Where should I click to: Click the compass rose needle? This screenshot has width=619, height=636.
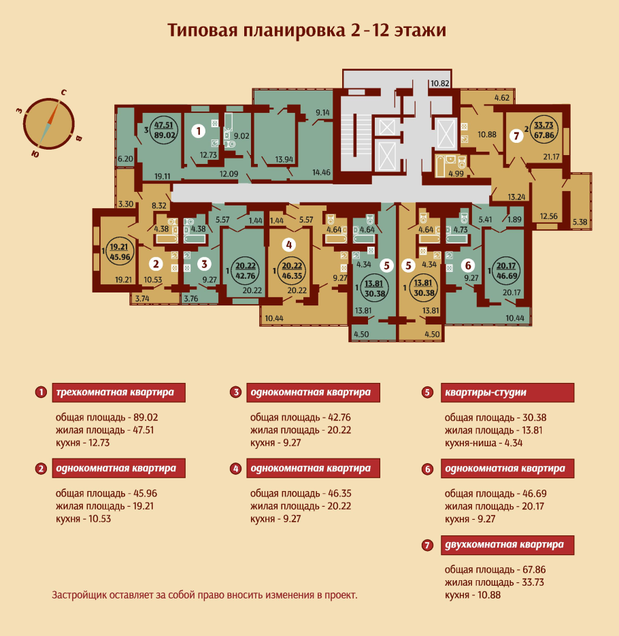tap(49, 124)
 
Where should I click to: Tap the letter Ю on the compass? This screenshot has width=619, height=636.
tap(34, 154)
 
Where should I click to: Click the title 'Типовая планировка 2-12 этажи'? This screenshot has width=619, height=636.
tap(307, 31)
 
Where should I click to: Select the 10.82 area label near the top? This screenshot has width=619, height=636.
tap(439, 84)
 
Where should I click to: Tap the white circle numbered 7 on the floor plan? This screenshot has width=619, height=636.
tap(516, 135)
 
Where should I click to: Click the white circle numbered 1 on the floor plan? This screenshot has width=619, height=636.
tap(197, 129)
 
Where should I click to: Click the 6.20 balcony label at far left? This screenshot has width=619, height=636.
tap(125, 158)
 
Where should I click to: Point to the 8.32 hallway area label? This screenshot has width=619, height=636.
tap(159, 204)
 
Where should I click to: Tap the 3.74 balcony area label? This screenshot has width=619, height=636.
tap(142, 297)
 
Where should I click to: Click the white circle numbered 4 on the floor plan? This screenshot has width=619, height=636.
tap(290, 244)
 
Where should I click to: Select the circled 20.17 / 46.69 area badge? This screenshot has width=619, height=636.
tap(505, 271)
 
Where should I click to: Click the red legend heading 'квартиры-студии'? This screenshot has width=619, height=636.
tap(485, 392)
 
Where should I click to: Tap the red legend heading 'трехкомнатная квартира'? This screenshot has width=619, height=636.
tap(114, 392)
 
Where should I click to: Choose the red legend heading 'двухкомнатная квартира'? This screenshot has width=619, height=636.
tap(503, 545)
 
